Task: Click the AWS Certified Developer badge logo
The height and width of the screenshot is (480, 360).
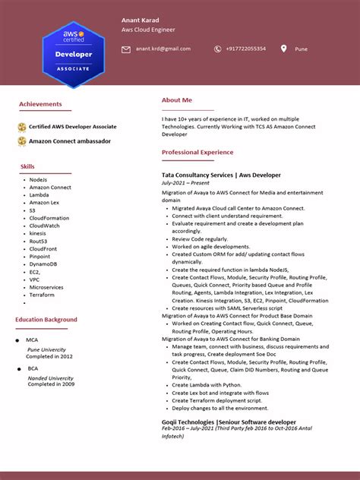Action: tap(73, 53)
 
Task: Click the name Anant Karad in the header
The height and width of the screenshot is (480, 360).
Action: tap(141, 20)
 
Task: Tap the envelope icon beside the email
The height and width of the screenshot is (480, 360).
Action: tap(126, 49)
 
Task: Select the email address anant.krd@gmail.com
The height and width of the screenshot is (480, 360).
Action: tap(163, 49)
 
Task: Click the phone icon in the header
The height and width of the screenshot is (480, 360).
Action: tap(217, 49)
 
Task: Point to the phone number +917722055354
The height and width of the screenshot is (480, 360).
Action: tap(245, 49)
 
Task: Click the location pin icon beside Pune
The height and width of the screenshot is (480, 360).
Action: tap(283, 49)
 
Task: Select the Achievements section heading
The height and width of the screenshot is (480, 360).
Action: tap(40, 103)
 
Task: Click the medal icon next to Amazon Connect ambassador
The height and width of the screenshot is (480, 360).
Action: tap(22, 141)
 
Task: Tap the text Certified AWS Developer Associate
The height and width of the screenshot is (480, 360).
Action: tap(73, 127)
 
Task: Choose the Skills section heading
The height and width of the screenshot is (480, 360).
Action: tap(27, 166)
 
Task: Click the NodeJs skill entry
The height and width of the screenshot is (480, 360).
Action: tap(38, 180)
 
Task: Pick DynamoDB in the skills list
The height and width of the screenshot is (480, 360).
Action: tap(43, 264)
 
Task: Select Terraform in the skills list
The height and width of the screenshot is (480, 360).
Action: tap(42, 295)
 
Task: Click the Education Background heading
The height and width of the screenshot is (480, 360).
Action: tap(46, 320)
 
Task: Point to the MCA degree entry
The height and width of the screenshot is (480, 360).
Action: tap(32, 340)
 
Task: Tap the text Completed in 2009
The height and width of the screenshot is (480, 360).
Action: tap(51, 384)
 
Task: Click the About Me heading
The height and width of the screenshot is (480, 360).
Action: tap(177, 100)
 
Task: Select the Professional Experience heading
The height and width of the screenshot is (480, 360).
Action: tap(197, 153)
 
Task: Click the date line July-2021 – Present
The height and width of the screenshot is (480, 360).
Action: tap(185, 183)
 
